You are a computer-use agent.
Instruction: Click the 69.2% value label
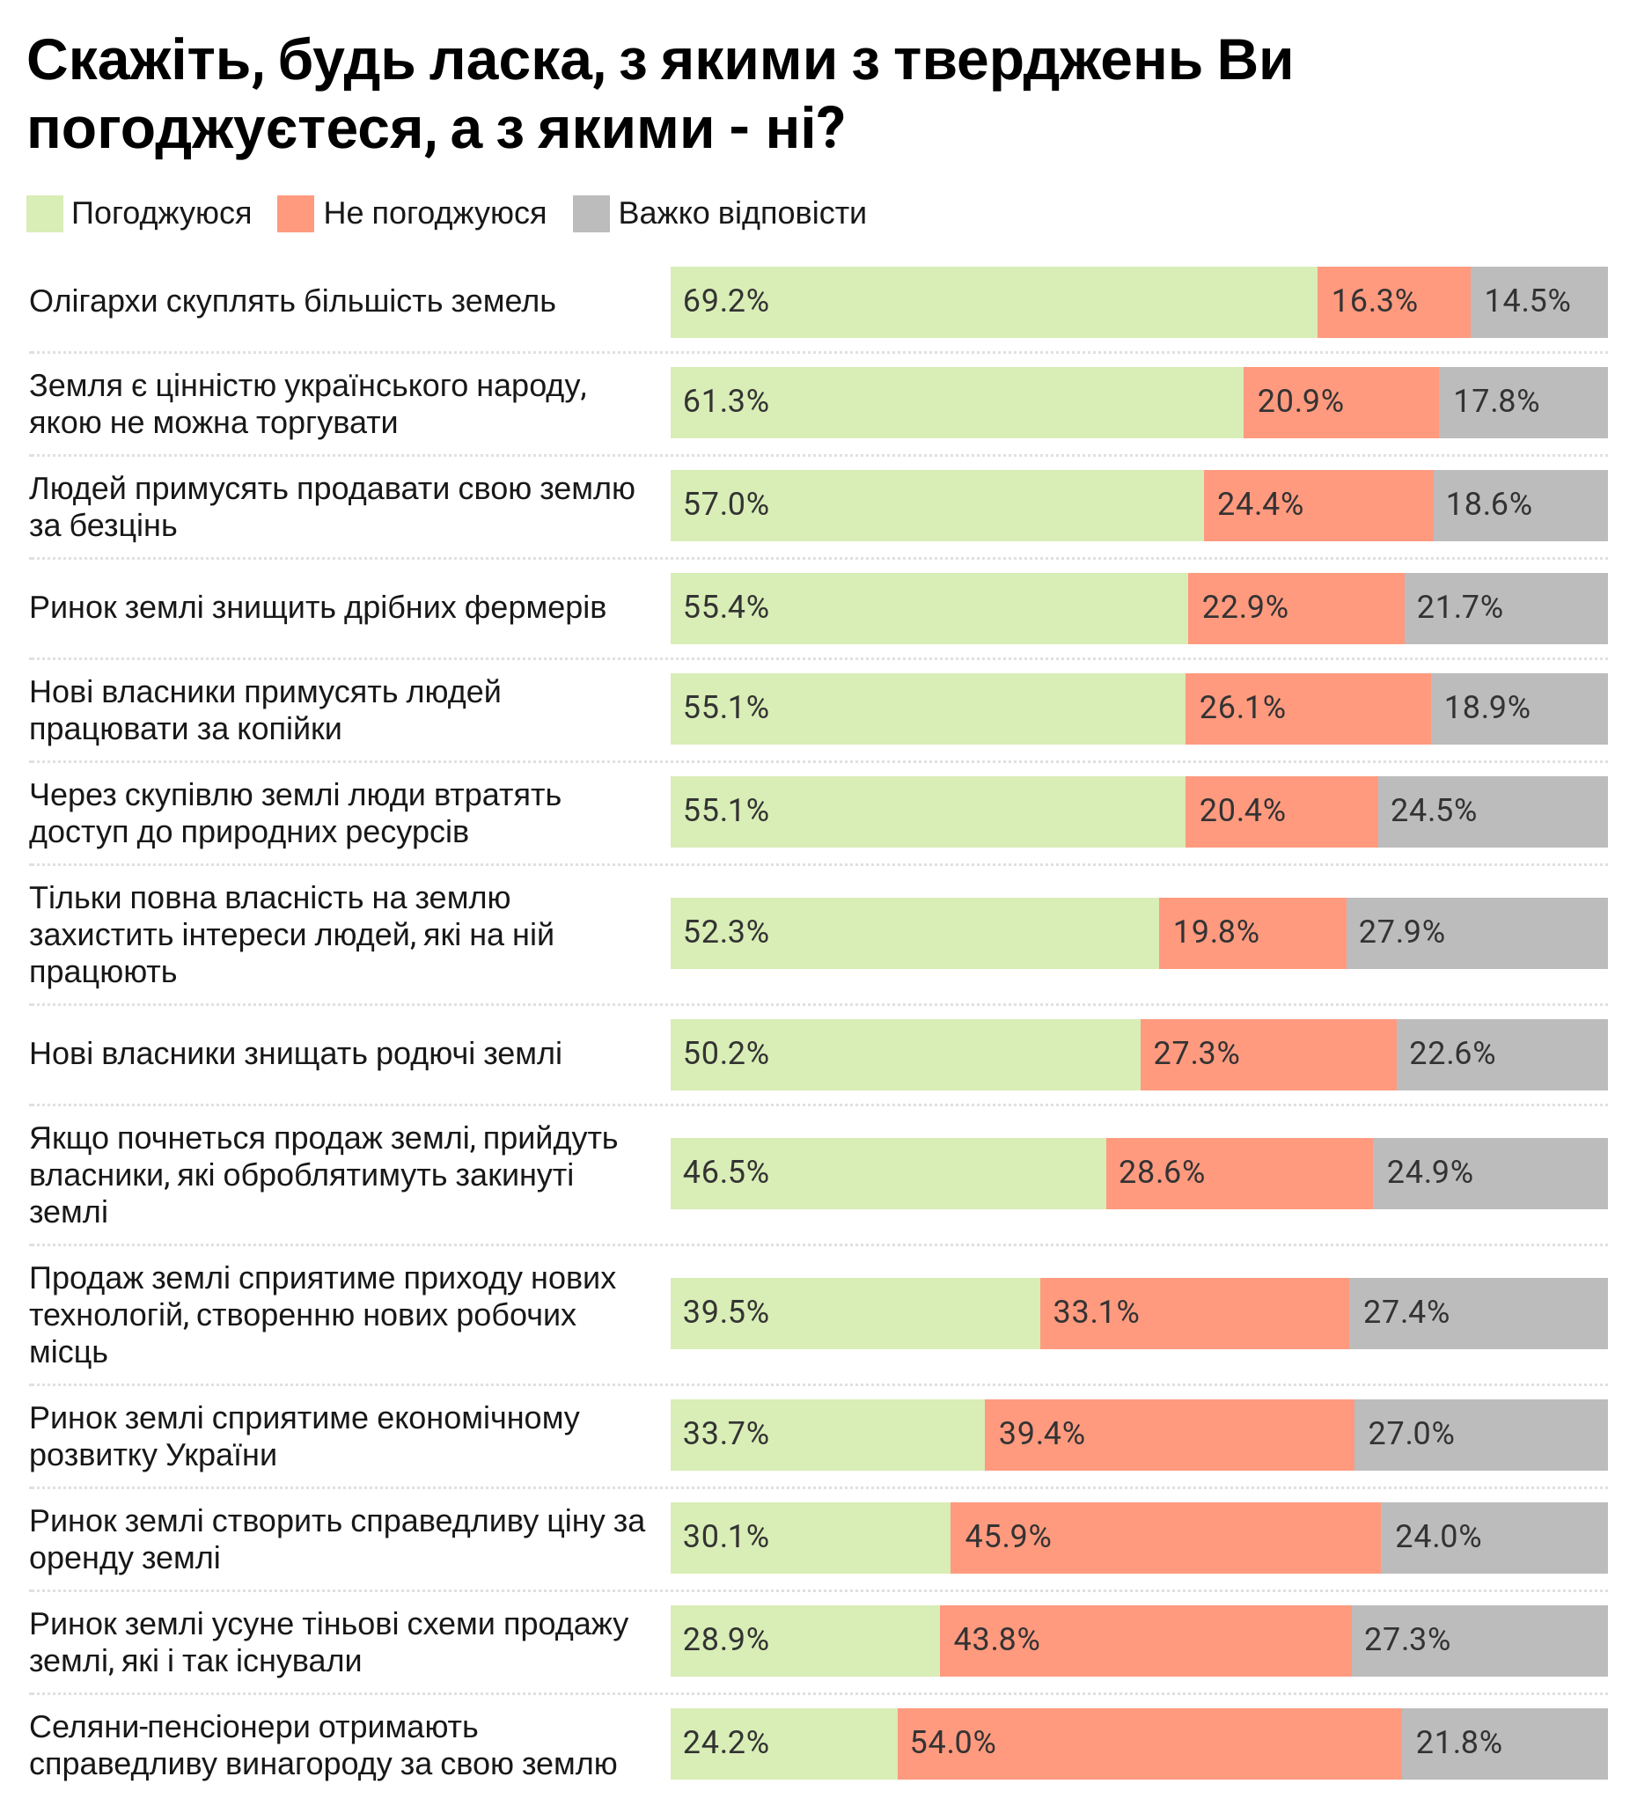(x=726, y=301)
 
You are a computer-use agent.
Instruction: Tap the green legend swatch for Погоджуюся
(x=45, y=214)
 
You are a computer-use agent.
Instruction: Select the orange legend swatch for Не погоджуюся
(x=296, y=214)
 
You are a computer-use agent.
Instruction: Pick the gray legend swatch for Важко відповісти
(x=591, y=214)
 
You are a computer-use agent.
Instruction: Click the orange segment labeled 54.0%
(x=1149, y=1744)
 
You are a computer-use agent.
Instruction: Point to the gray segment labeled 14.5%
(x=1538, y=302)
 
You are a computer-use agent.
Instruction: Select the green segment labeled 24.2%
(x=784, y=1744)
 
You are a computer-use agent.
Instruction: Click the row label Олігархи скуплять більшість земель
(x=292, y=302)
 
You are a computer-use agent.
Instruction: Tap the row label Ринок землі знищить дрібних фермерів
(x=317, y=608)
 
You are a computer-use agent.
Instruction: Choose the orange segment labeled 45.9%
(x=1164, y=1538)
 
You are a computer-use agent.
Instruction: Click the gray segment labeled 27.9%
(x=1477, y=933)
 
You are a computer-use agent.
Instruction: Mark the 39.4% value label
(x=1041, y=1435)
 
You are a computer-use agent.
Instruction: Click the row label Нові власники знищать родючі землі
(x=296, y=1054)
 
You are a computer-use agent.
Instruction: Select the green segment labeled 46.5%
(x=888, y=1173)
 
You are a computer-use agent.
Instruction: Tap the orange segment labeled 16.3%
(x=1393, y=302)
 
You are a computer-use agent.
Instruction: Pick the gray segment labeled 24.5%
(x=1492, y=811)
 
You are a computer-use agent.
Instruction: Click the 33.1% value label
(x=1095, y=1313)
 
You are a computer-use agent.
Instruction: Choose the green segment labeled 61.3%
(x=956, y=402)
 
